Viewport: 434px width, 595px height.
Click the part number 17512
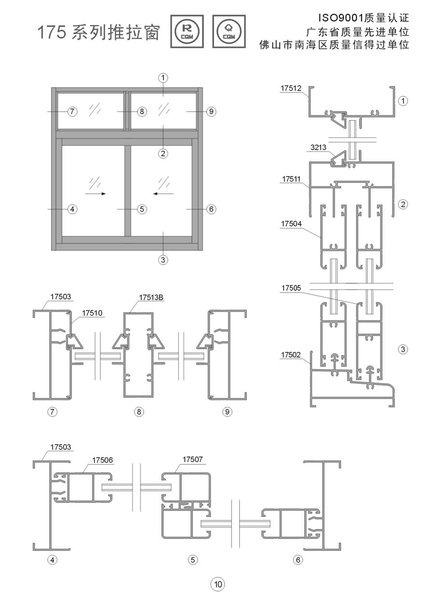point(291,88)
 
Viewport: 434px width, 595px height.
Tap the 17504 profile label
point(291,224)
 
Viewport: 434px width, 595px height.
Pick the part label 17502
point(291,355)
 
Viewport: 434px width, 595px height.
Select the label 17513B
point(151,297)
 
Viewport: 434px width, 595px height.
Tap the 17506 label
point(102,460)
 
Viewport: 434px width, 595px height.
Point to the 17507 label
point(192,460)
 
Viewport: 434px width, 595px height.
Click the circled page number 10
point(217,584)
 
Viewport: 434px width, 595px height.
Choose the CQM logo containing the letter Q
point(229,31)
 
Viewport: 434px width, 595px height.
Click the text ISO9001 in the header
point(336,19)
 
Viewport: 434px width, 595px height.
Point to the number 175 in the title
point(52,33)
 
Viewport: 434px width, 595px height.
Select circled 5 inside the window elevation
point(141,209)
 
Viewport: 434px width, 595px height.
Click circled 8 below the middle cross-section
point(139,411)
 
